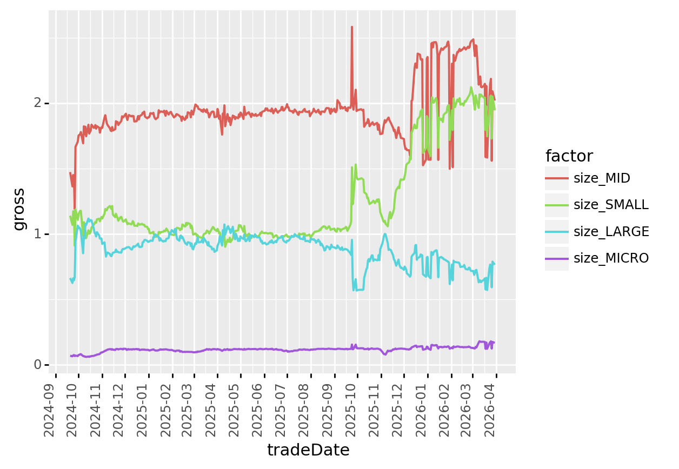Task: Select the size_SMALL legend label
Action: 611,205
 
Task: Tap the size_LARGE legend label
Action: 611,232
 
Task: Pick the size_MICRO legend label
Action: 611,258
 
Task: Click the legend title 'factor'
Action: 569,156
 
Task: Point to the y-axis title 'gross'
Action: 19,209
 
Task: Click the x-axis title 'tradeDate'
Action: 308,450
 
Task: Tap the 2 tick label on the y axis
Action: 38,103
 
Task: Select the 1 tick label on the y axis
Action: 38,234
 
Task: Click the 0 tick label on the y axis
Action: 38,365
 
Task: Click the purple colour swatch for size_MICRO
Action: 557,258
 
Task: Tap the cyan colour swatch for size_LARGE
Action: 557,232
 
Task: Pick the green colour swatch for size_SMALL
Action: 557,205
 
